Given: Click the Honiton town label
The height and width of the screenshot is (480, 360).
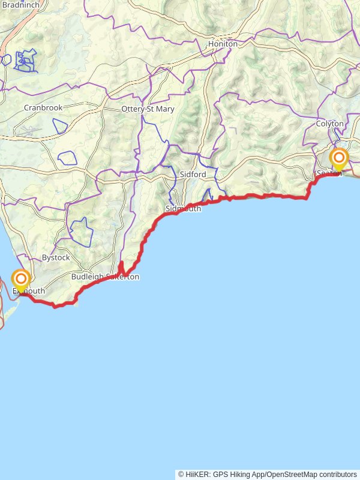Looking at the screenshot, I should pyautogui.click(x=223, y=44).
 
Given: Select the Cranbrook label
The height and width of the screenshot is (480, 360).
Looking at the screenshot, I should pyautogui.click(x=43, y=108).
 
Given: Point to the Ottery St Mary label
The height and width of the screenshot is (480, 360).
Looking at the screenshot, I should pyautogui.click(x=148, y=109).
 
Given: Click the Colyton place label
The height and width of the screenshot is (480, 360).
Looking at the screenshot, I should pyautogui.click(x=330, y=124).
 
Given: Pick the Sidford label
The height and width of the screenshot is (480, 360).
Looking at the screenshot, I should pyautogui.click(x=193, y=174).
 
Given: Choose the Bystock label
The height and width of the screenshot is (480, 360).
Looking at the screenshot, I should pyautogui.click(x=56, y=257).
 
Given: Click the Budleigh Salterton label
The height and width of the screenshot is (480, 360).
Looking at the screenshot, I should pyautogui.click(x=105, y=277).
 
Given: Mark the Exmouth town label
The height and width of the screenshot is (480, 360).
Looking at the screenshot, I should pyautogui.click(x=29, y=291).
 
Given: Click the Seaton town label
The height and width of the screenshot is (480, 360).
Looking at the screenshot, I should pyautogui.click(x=329, y=173).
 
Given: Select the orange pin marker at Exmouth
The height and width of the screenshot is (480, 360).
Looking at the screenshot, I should pyautogui.click(x=22, y=280).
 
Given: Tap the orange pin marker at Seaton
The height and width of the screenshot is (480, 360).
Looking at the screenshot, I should pyautogui.click(x=339, y=160).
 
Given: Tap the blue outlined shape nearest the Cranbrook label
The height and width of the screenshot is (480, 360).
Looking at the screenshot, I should pyautogui.click(x=60, y=127).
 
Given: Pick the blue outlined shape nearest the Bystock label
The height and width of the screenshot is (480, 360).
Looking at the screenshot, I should pyautogui.click(x=80, y=232).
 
